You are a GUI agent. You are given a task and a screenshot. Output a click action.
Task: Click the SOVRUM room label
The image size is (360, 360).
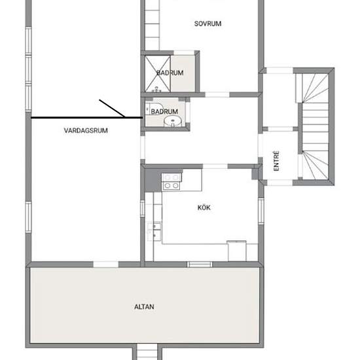coord(207,24)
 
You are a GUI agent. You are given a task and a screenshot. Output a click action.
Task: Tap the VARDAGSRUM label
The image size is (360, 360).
coord(86,130)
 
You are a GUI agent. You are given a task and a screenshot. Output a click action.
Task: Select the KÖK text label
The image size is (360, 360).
coord(204,207)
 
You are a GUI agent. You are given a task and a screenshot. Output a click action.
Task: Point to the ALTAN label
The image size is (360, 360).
coord(144,307)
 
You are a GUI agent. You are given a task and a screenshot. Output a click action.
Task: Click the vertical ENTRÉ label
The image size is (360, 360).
coord(276,161)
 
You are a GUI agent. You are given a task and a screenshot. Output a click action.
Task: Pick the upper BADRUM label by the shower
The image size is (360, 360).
coord(170,73)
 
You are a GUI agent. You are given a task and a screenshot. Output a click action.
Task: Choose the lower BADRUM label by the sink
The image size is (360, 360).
coord(164,111)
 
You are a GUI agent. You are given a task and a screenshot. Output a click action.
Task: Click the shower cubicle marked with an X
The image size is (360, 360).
coord(158,74)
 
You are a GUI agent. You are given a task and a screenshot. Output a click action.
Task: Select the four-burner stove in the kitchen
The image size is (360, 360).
coord(171,181)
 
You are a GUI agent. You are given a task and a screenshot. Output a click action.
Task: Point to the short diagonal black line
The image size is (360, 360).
coord(113,109)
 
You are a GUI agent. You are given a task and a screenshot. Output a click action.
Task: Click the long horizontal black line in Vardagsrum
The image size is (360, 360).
coord(87,118)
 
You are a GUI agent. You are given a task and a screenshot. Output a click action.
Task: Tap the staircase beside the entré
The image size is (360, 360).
coord(315,126)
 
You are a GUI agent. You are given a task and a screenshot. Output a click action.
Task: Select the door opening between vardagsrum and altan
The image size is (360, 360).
coord(106,264)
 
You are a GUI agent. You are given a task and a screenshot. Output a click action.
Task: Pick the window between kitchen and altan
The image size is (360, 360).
coord(200,264)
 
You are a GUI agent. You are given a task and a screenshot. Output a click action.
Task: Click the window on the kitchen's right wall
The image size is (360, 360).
coord(261,211)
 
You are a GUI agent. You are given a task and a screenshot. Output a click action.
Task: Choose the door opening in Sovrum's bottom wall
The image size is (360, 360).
coord(217,94)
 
